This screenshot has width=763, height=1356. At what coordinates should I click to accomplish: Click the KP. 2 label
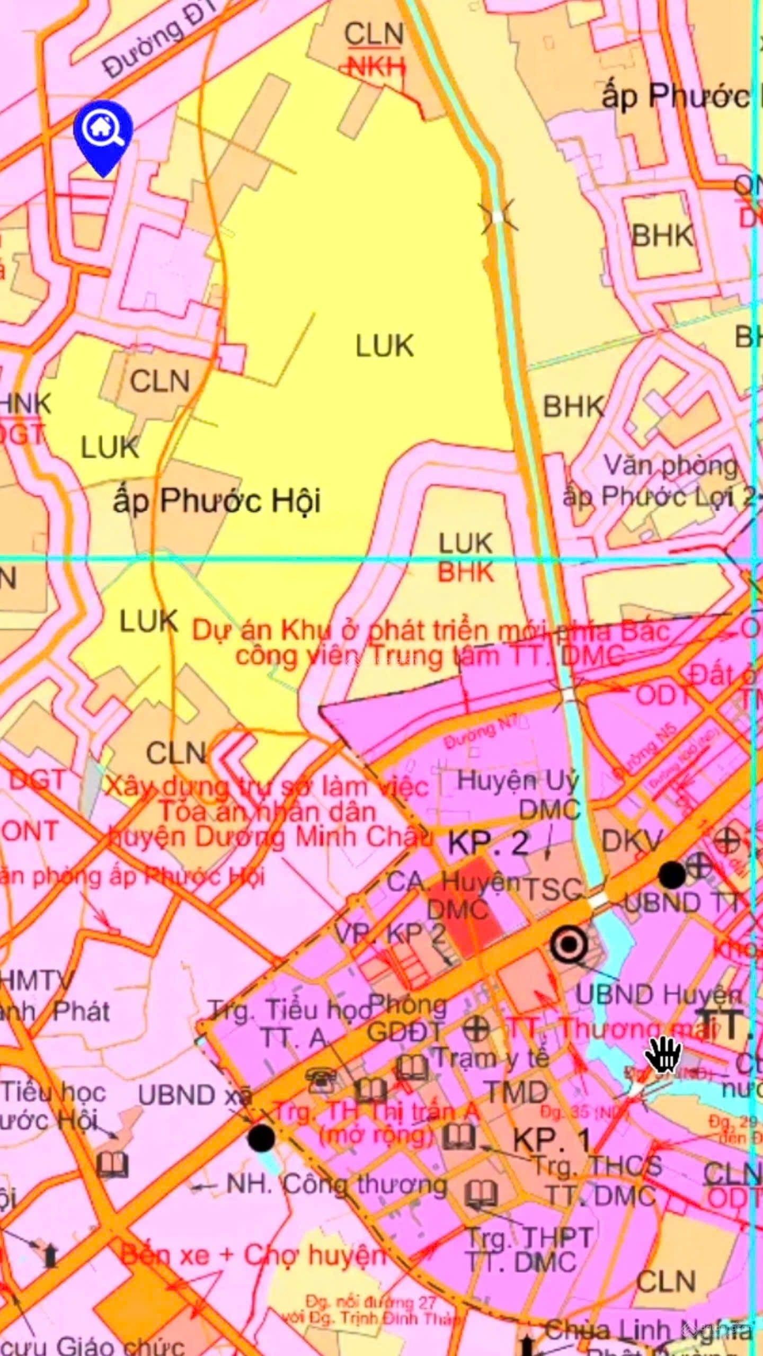488,843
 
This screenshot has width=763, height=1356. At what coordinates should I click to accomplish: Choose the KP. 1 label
552,1139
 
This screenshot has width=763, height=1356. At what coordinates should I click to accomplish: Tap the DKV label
633,840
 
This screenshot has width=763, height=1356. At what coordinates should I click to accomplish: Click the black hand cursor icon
663,1053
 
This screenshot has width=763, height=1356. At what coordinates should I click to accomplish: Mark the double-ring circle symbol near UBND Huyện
569,943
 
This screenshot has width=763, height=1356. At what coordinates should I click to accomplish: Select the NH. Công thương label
337,1185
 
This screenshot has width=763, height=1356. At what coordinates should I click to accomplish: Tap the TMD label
517,1092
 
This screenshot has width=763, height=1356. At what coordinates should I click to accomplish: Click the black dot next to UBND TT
672,875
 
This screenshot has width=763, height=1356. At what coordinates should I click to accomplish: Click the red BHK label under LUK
466,573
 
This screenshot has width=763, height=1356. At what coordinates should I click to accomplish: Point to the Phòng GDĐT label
407,1018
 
